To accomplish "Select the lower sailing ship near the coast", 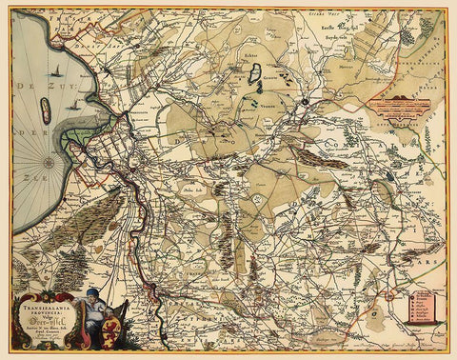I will (72, 107).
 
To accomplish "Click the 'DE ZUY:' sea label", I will (32, 85).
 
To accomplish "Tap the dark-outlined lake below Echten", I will (254, 78).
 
